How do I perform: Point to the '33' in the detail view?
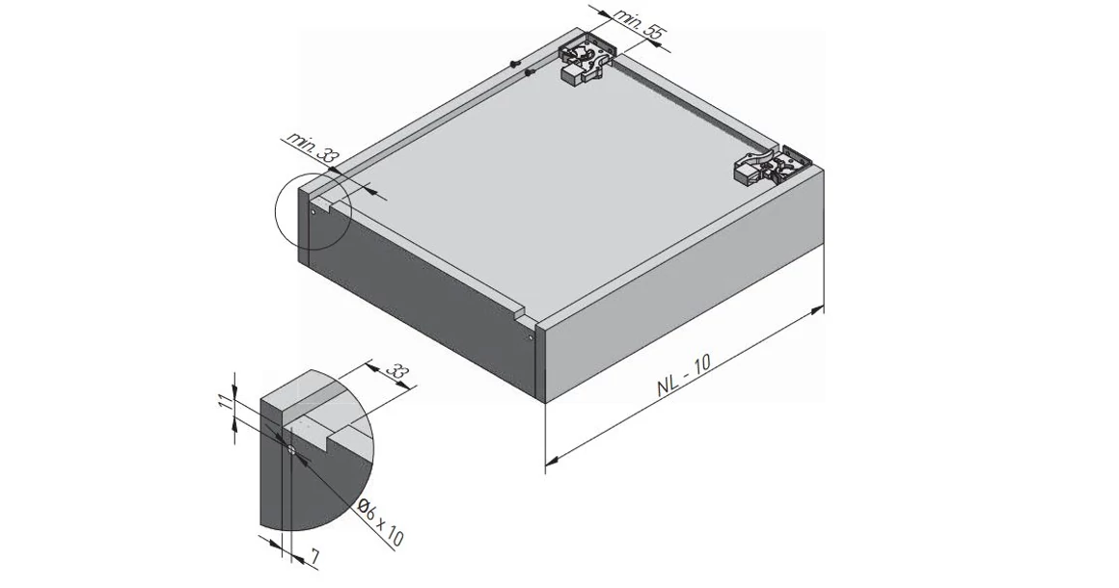click(395, 370)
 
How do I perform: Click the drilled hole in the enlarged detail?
click(290, 445)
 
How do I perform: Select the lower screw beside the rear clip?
click(530, 74)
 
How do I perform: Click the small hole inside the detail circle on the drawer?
click(314, 211)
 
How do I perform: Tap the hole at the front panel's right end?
click(531, 337)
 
